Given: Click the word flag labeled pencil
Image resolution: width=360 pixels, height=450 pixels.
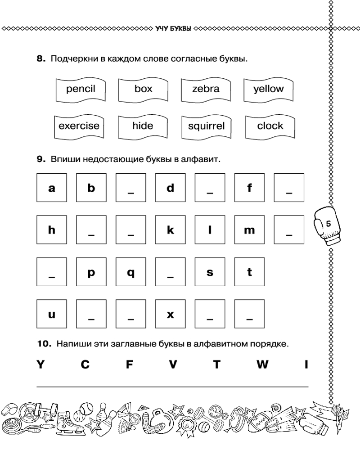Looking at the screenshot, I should coord(81,89).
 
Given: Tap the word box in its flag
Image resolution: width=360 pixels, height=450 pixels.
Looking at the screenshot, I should coord(143,89).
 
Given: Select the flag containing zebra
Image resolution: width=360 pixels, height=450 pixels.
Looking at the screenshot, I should coord(206,89).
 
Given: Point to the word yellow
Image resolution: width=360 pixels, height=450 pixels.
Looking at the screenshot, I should coord(269,89).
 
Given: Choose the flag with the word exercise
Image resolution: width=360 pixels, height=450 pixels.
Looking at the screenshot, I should coord(79,126).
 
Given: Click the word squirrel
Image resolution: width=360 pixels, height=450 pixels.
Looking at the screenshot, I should coord(206,127).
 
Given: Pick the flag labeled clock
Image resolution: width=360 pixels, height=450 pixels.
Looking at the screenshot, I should coord(270,126).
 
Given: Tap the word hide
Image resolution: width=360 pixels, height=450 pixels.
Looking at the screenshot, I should coord(143,126).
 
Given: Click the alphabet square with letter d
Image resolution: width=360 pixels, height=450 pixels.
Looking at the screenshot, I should coord(170,188).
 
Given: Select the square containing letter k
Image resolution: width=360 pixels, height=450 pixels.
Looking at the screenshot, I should coord(170,230).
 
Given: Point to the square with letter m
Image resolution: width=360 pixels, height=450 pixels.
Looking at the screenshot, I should coord(249,230).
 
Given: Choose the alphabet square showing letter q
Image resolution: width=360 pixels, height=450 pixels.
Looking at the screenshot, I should coord(130,272).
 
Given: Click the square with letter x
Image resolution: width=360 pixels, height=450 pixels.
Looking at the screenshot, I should coord(170,314).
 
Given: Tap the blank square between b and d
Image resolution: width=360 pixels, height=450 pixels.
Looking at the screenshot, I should coord(130,188).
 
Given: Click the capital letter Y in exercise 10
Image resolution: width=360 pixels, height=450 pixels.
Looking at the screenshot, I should coord(41,365).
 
